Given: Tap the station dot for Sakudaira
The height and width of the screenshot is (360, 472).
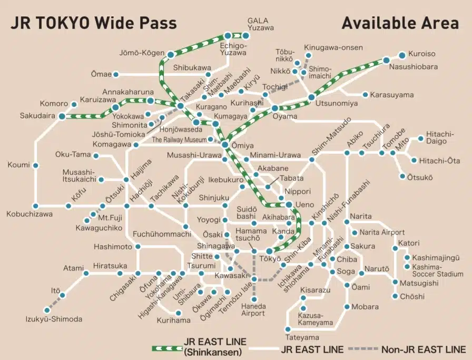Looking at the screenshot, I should pos(62,116).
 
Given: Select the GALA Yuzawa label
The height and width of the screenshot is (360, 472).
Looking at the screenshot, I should pos(258,25).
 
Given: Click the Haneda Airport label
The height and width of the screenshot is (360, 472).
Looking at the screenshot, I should pos(253,309).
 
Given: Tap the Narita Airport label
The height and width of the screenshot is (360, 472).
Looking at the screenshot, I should pos(382,232).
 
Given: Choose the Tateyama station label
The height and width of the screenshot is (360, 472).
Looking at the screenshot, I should pos(302,337).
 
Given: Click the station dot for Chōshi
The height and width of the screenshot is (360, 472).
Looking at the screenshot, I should pos(395,296).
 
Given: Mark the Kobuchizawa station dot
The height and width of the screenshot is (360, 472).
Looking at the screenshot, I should pos(35,206).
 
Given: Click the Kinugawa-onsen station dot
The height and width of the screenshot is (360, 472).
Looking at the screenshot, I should pos(308,55).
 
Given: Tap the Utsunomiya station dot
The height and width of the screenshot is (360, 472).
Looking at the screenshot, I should pos(311,97).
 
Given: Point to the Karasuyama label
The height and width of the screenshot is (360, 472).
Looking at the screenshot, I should pos(392,95).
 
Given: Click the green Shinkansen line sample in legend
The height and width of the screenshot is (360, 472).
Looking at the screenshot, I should pos(166,348).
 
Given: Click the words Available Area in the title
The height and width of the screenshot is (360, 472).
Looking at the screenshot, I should pos(400,23).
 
